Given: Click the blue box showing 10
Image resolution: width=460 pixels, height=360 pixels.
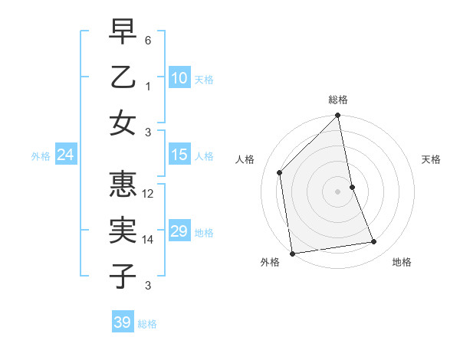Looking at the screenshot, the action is (179, 77).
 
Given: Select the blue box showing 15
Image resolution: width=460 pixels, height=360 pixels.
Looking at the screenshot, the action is (179, 155).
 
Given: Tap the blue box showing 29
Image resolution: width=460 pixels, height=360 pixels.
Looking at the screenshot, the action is (179, 231).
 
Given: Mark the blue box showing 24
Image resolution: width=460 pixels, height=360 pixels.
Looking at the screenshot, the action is (65, 155).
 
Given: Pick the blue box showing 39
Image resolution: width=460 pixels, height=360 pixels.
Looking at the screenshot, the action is (122, 322).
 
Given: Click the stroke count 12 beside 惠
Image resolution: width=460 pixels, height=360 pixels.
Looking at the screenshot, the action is (149, 195).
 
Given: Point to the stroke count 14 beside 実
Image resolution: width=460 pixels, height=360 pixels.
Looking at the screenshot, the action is (149, 240).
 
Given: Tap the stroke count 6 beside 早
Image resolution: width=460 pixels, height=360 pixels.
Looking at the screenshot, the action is (148, 41).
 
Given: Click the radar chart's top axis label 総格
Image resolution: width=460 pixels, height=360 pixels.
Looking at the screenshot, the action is (338, 100).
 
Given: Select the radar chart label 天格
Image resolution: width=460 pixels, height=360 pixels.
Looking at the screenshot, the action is (432, 159).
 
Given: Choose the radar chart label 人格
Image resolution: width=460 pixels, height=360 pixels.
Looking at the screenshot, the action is (245, 159).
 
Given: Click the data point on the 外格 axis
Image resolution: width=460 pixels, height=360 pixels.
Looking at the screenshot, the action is (292, 253).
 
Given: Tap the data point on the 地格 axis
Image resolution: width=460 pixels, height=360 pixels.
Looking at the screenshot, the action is (374, 242).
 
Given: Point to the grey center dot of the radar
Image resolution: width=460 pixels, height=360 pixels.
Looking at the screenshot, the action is (338, 191).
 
